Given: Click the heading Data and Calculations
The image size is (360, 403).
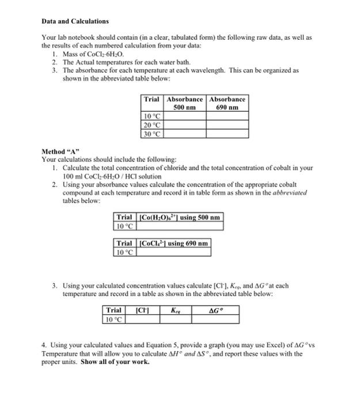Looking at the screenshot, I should coord(75,21).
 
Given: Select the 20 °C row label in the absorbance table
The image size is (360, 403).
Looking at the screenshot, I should coord(152,124).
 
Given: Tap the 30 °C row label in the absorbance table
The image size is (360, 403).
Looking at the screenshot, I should coord(152,133).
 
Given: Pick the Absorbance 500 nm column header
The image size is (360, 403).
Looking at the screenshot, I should coord(185,103).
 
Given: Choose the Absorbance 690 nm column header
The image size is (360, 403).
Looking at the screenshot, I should coord(228,103).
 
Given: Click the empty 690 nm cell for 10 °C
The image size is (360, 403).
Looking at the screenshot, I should coord(228,116).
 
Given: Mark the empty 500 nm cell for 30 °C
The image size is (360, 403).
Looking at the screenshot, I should coord(185,133).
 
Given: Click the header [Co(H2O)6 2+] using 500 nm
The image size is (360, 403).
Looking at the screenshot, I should coord(178,217).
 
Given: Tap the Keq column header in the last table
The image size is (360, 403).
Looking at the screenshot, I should coord(175,310).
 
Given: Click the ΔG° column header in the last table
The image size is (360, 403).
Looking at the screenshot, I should coord(216,310).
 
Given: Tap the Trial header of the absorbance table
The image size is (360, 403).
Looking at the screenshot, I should coord(152,99).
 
